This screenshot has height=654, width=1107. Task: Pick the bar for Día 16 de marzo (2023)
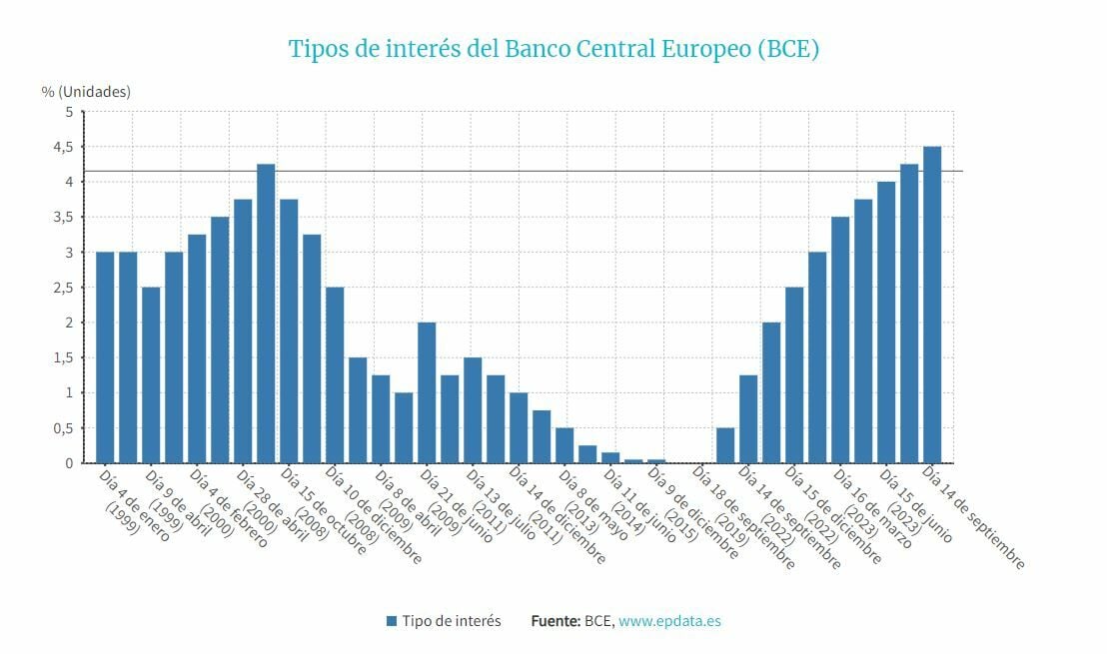[x=840, y=339]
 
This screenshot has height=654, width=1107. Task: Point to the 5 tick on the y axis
[x=69, y=112]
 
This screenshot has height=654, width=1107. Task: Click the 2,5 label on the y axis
[x=63, y=288]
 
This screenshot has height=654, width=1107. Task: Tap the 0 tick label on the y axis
[x=69, y=463]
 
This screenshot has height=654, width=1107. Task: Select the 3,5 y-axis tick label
[x=63, y=217]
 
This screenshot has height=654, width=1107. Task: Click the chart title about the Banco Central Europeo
[x=553, y=48]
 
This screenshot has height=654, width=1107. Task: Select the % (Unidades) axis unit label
[x=86, y=91]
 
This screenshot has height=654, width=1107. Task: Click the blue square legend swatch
[x=392, y=621]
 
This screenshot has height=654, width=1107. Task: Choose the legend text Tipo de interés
[x=452, y=621]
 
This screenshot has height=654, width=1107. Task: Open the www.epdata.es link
[x=669, y=621]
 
